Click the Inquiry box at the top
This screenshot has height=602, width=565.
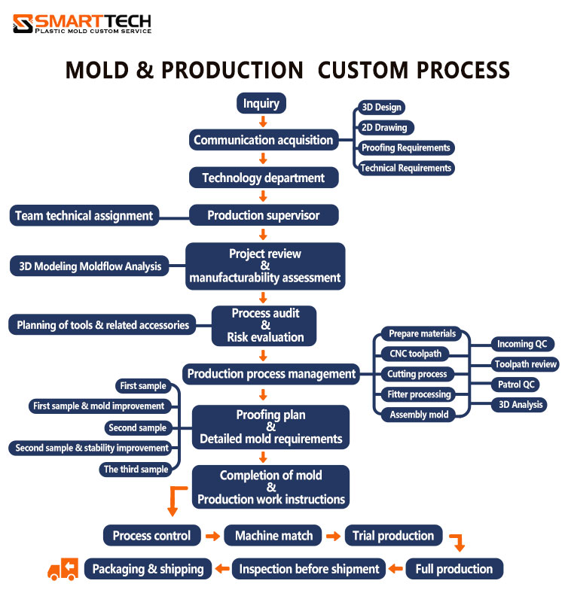click(261, 104)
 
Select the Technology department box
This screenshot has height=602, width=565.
click(263, 178)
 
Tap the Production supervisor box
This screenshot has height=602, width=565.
click(263, 215)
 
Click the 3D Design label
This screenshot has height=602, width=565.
click(381, 108)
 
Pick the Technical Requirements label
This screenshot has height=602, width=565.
click(405, 168)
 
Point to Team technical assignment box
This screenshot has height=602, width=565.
click(84, 216)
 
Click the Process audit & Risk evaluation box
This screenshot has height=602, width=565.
click(264, 326)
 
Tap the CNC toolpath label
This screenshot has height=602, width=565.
click(415, 354)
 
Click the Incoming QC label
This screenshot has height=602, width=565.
click(521, 344)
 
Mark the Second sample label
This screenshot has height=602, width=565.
click(138, 427)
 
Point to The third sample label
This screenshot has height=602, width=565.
click(136, 469)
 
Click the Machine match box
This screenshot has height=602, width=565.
click(273, 536)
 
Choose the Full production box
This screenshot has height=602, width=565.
click(454, 569)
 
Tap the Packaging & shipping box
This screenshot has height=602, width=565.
click(148, 569)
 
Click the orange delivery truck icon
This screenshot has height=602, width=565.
click(63, 569)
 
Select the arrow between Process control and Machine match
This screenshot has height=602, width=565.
click(212, 537)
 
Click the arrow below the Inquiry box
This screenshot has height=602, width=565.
click(262, 122)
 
